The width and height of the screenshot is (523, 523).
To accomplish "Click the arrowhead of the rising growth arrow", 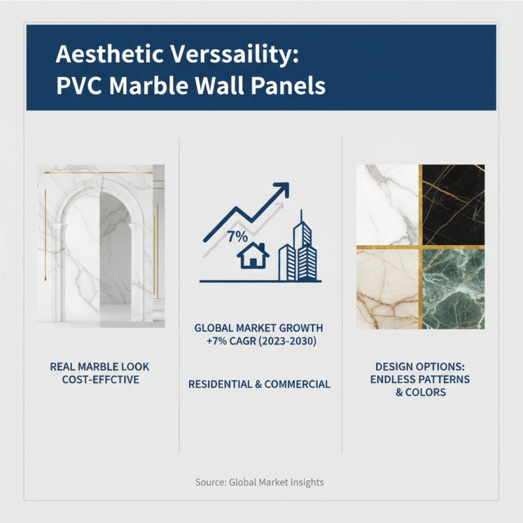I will pos(281,190).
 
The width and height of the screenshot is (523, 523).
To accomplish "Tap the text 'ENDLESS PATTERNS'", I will pos(422,380).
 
